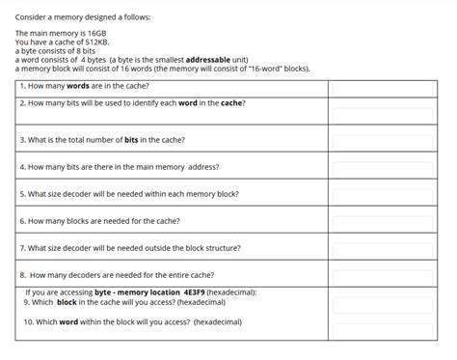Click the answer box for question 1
point(390,86)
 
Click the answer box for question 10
point(390,322)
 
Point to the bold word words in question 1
point(79,86)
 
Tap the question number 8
point(21,275)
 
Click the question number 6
point(21,221)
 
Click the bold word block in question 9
point(67,302)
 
